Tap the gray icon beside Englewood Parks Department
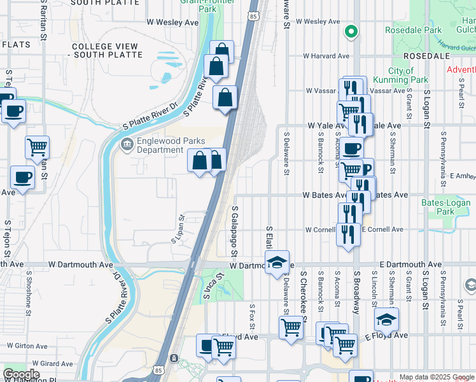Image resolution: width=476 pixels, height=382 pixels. [x=127, y=145]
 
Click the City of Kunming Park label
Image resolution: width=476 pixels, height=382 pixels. [x=408, y=75]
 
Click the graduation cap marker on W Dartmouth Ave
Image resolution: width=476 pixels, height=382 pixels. [x=277, y=262]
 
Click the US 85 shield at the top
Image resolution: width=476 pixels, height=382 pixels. [x=253, y=15]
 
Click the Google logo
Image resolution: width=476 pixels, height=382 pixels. [x=21, y=374]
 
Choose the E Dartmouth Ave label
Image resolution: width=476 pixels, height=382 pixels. [x=410, y=264]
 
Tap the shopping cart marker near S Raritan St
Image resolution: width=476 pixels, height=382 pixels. [x=38, y=147]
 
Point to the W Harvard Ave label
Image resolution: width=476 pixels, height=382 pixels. [x=326, y=56]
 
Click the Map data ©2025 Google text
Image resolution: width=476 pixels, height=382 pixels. [x=436, y=377]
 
